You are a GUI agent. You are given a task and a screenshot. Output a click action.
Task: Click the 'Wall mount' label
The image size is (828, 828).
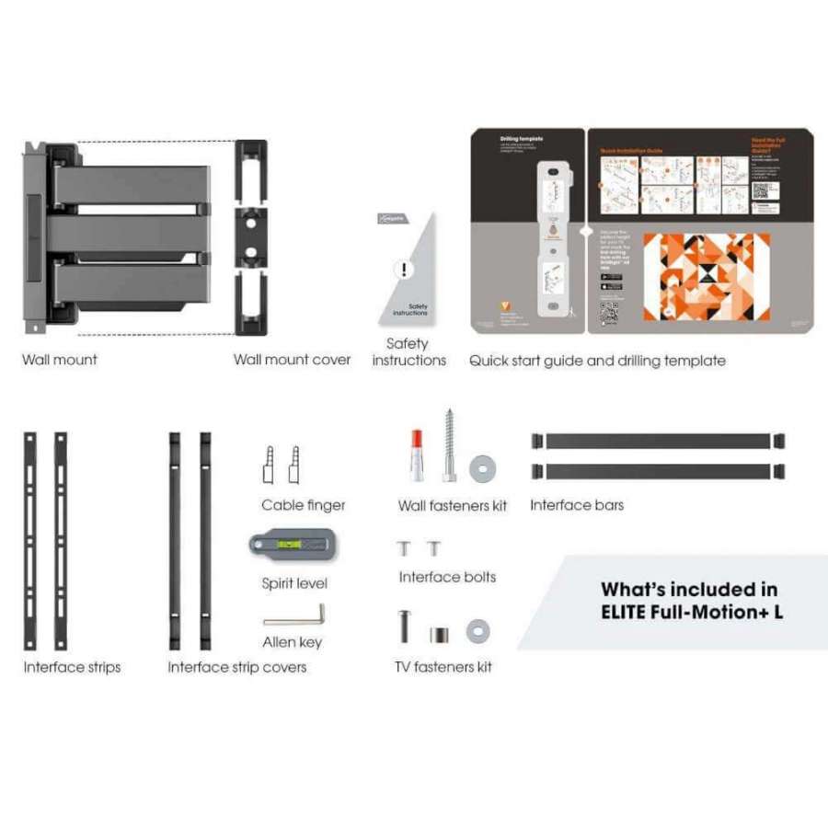coord(60,360)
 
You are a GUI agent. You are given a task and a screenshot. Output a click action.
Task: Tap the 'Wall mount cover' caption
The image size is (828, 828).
coord(292,360)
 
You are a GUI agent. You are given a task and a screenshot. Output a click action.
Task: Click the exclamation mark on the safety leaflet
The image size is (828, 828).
coord(403,270)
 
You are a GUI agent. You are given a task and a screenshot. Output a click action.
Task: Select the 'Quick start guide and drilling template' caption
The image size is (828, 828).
coord(597,361)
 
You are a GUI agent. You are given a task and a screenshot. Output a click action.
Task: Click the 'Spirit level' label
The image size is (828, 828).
coord(294,583)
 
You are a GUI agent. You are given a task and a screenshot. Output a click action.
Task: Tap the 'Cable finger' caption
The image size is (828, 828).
coord(303,505)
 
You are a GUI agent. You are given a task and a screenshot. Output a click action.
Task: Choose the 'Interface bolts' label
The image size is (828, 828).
coord(447,577)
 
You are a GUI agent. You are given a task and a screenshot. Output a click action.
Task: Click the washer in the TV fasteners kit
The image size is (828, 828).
coord(477,631)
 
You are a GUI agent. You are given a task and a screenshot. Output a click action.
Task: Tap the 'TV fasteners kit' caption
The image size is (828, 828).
coord(443,666)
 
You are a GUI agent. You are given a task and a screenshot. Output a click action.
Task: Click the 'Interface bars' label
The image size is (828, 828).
coord(577,505)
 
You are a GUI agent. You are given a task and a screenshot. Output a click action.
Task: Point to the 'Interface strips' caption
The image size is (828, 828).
coord(72,667)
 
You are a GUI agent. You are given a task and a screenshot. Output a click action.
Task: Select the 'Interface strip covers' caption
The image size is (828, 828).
coord(236,667)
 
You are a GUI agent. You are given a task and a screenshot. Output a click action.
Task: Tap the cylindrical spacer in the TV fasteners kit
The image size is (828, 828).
coord(439,634)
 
